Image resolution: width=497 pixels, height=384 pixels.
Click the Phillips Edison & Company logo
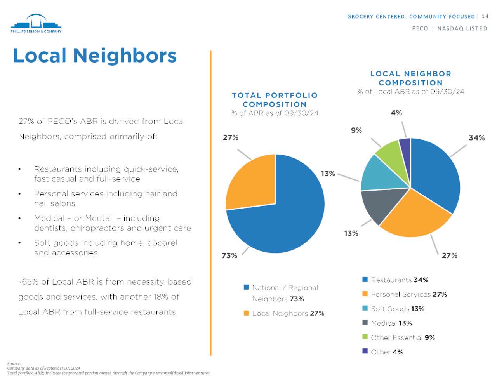pyautogui.click(x=36, y=24)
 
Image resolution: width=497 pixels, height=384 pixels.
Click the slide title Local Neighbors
pyautogui.click(x=95, y=55)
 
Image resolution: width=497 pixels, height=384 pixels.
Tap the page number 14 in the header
pyautogui.click(x=485, y=16)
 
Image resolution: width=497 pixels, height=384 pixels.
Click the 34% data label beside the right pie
pyautogui.click(x=476, y=138)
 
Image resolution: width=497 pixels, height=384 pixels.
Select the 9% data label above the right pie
pyautogui.click(x=356, y=130)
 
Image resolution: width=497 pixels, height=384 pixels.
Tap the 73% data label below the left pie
pyautogui.click(x=229, y=255)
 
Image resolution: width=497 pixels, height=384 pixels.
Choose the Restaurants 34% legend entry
pyautogui.click(x=400, y=280)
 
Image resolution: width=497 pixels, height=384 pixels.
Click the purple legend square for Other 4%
pyautogui.click(x=365, y=351)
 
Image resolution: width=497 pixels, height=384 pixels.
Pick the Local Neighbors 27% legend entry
pyautogui.click(x=288, y=313)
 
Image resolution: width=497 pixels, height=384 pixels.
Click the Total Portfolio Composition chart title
pyautogui.click(x=275, y=100)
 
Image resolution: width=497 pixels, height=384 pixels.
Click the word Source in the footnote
pyautogui.click(x=14, y=363)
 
